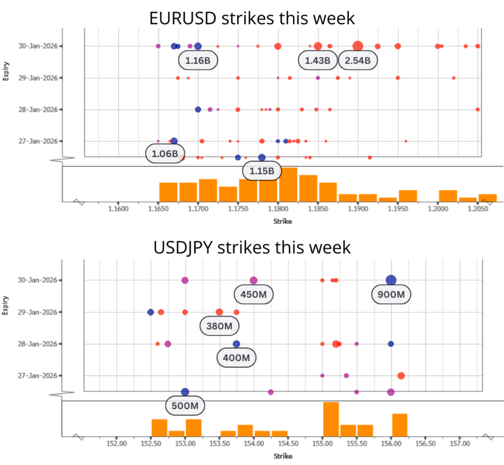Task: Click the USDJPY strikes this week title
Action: pyautogui.click(x=252, y=247)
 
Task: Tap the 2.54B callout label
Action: pyautogui.click(x=358, y=61)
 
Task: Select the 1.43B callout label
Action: pyautogui.click(x=318, y=61)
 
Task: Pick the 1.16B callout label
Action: pyautogui.click(x=198, y=59)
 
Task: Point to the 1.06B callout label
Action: pyautogui.click(x=165, y=154)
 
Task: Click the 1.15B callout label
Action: pyautogui.click(x=262, y=171)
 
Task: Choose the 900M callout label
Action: pyautogui.click(x=391, y=294)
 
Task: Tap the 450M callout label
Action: pyautogui.click(x=254, y=294)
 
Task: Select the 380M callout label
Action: pyautogui.click(x=220, y=325)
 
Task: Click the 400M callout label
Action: pyautogui.click(x=236, y=357)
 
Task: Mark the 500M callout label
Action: pyautogui.click(x=185, y=405)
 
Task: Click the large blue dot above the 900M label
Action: pyautogui.click(x=391, y=280)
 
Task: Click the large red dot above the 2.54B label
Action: pyautogui.click(x=358, y=46)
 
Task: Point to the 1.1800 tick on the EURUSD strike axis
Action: pyautogui.click(x=278, y=209)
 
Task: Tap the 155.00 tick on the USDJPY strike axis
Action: pyautogui.click(x=323, y=444)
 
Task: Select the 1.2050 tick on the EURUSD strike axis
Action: pyautogui.click(x=477, y=209)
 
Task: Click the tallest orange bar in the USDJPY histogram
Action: pyautogui.click(x=330, y=418)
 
